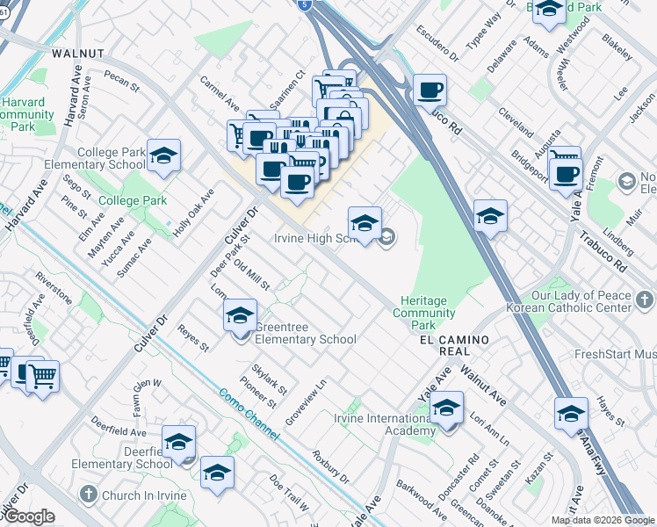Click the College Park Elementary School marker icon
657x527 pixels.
pos(163,155)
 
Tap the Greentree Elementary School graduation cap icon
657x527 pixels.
pos(240,316)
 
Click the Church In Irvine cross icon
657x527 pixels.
pos(87,495)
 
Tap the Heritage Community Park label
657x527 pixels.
pos(424,313)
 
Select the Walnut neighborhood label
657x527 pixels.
pos(78,54)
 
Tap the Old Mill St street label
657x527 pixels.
pos(252,278)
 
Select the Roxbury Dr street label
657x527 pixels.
pos(331,467)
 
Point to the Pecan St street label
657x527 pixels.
pos(121,82)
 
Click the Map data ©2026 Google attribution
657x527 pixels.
pos(602,520)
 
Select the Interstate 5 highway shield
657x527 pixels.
pos(304,4)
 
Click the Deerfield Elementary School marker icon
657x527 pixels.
pos(179,443)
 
